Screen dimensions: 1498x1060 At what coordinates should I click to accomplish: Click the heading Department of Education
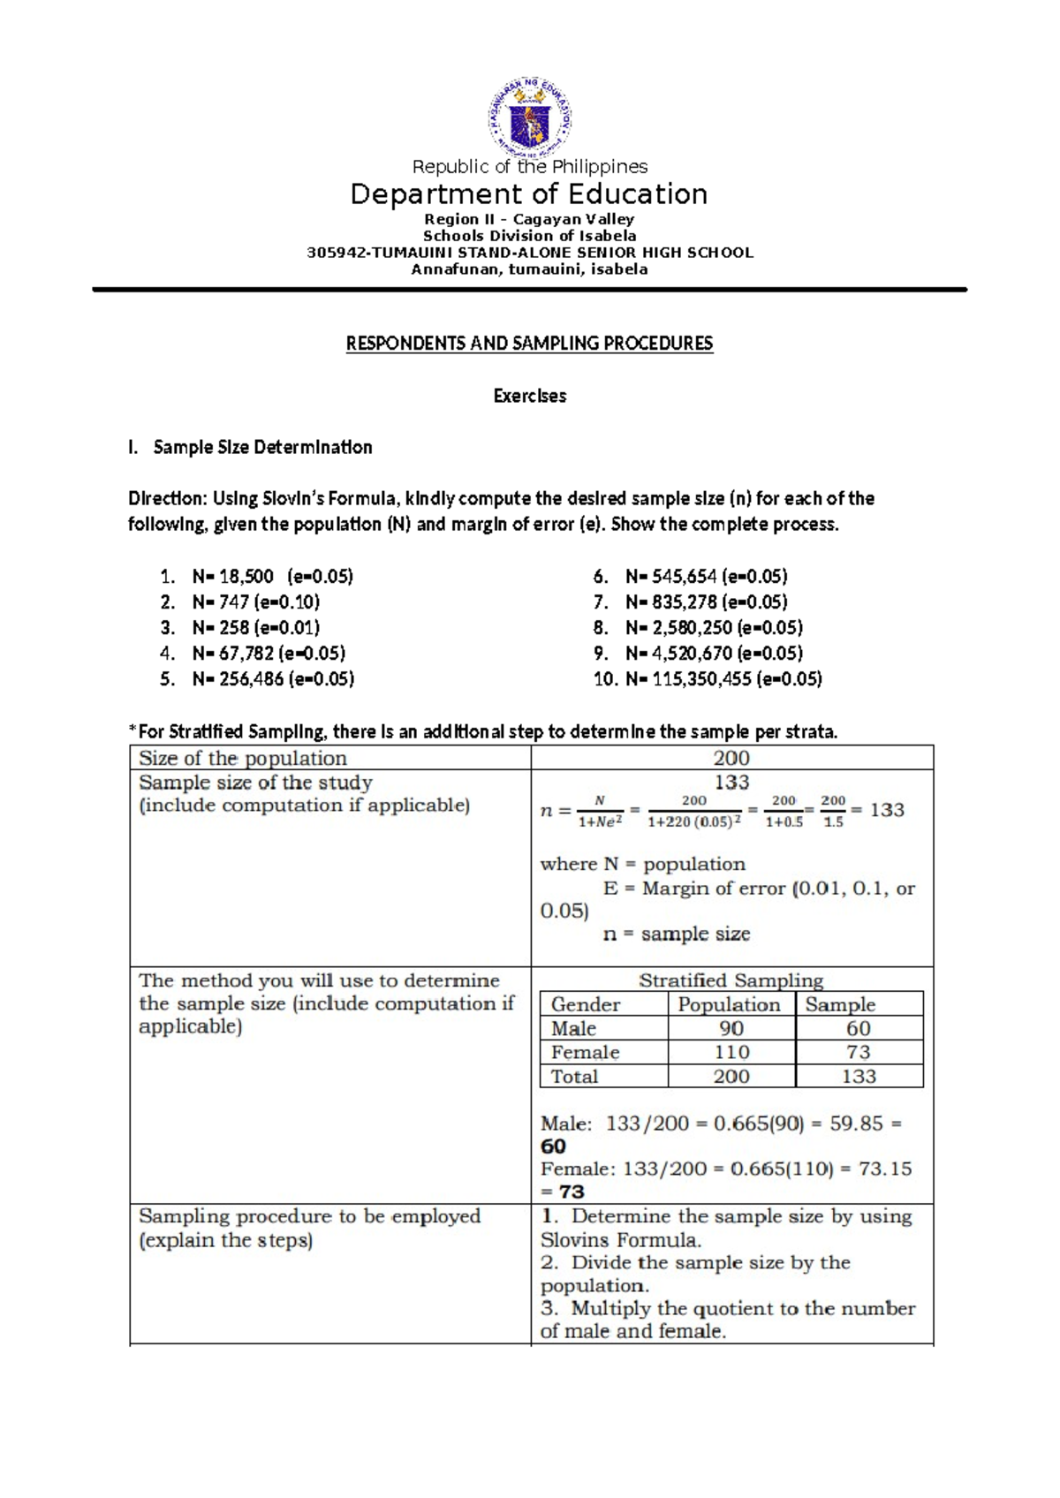(x=529, y=194)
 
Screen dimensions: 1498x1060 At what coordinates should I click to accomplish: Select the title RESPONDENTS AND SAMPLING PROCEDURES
(x=529, y=344)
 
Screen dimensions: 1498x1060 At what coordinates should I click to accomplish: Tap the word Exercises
(x=529, y=396)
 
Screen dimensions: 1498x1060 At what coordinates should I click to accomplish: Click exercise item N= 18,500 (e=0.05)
(x=271, y=577)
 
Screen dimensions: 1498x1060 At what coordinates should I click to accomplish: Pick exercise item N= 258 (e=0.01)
(x=255, y=628)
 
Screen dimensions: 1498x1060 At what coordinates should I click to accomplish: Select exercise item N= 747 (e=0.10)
(x=255, y=602)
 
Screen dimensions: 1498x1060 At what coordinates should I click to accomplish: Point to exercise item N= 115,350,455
(x=723, y=679)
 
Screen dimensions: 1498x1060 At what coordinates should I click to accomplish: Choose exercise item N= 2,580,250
(x=713, y=628)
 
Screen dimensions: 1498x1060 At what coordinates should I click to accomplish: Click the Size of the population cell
(x=243, y=758)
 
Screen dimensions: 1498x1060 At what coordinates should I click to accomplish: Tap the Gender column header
(x=586, y=1004)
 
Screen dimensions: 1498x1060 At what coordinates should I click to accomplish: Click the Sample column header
(x=840, y=1004)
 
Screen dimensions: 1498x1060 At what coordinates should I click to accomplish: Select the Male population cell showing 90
(x=731, y=1028)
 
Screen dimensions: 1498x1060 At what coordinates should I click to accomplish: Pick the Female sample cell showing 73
(x=858, y=1052)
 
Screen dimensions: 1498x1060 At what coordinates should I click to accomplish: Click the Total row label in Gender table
(x=574, y=1076)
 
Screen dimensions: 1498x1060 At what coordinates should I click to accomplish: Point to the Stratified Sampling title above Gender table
(x=731, y=980)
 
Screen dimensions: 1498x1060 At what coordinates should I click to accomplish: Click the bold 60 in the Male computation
(x=553, y=1146)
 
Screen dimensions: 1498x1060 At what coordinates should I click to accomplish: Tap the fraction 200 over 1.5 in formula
(x=833, y=811)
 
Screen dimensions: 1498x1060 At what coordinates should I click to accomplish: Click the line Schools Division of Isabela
(x=529, y=236)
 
